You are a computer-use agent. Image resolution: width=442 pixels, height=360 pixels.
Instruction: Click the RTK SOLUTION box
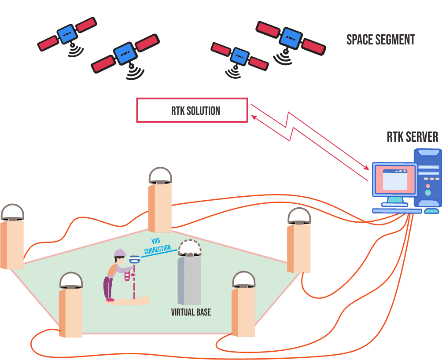point(192,110)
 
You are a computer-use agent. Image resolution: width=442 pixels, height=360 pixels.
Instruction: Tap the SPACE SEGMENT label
point(381,40)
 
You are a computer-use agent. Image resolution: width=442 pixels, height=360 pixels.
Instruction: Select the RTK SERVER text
point(413,137)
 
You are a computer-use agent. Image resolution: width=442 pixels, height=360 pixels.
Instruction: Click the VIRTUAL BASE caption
point(191,312)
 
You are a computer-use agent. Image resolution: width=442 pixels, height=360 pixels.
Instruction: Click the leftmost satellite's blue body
point(67,34)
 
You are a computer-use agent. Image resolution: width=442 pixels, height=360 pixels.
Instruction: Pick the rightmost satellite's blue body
point(291,38)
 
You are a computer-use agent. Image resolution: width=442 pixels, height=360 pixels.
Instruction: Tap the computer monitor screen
point(394,179)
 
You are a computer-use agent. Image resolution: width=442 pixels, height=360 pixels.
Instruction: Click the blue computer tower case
point(427,178)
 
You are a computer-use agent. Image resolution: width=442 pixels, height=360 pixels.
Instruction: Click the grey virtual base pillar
point(190,280)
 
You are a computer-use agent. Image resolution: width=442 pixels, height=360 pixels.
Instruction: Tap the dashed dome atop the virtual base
point(190,248)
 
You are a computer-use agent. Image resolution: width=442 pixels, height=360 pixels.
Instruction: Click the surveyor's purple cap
point(119,253)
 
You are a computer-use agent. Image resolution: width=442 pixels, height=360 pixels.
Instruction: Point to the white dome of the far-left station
point(12,212)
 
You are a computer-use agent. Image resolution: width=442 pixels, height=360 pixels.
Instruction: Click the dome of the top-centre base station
point(160,175)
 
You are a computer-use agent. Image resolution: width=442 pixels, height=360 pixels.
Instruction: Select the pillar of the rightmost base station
point(299,249)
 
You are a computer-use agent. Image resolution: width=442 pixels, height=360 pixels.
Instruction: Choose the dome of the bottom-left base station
point(71,280)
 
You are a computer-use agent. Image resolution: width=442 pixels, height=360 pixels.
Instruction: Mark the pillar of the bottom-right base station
point(244,312)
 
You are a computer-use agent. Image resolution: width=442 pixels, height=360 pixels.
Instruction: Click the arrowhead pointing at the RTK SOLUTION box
point(254,117)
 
